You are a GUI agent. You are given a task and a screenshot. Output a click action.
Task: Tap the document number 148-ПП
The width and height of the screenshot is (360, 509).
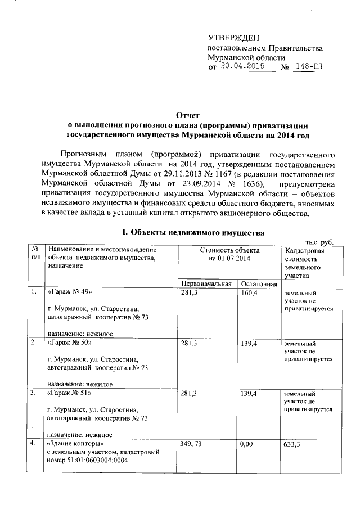click(309, 67)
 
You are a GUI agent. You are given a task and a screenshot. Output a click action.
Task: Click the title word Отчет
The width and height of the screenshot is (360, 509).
click(187, 115)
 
